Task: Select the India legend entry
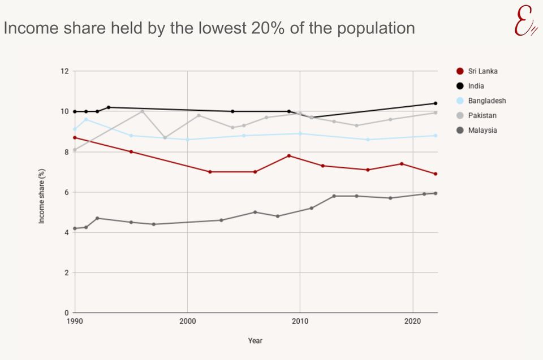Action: (x=476, y=86)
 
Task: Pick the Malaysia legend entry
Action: (x=482, y=130)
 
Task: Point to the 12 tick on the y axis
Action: (x=64, y=71)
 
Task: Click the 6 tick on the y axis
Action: (x=66, y=192)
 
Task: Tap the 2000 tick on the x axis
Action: (x=187, y=321)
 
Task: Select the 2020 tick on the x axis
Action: (x=413, y=321)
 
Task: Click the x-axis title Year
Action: (x=255, y=341)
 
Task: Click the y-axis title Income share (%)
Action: (x=42, y=196)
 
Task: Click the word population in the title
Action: (x=376, y=28)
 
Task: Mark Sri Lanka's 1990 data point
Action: (x=75, y=137)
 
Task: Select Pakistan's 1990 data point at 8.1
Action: (x=75, y=150)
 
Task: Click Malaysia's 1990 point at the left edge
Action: (x=75, y=228)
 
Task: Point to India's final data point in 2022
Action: (x=435, y=103)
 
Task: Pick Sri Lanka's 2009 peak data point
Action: (x=289, y=155)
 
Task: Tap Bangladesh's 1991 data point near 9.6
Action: (x=86, y=119)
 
